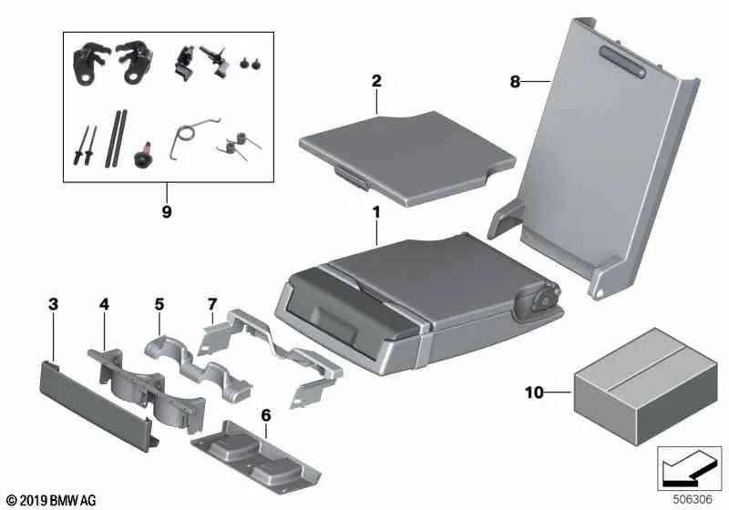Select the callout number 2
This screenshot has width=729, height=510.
pyautogui.click(x=375, y=81)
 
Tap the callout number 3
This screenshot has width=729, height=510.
pyautogui.click(x=54, y=302)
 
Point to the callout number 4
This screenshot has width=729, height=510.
pyautogui.click(x=104, y=302)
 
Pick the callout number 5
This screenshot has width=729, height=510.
pyautogui.click(x=159, y=302)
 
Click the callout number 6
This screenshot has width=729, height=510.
pyautogui.click(x=265, y=415)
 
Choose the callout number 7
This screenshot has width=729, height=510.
pyautogui.click(x=212, y=302)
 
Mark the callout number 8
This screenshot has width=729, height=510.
pyautogui.click(x=515, y=81)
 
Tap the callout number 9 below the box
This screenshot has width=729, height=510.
pyautogui.click(x=166, y=211)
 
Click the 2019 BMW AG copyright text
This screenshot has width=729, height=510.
pyautogui.click(x=50, y=500)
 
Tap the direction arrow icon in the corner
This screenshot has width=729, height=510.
pyautogui.click(x=689, y=469)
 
